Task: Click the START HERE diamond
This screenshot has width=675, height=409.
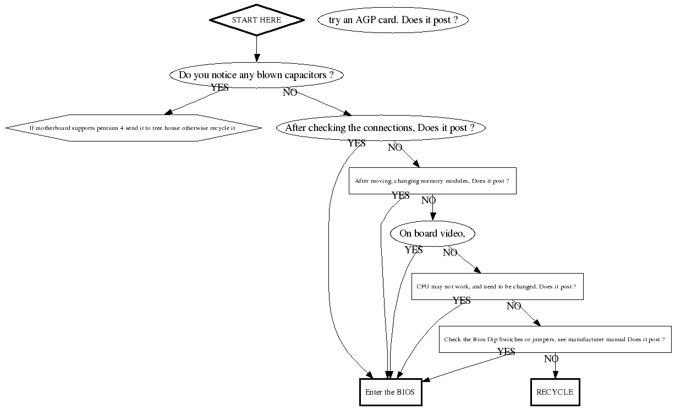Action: pyautogui.click(x=256, y=20)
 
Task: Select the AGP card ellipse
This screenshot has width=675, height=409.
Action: pyautogui.click(x=392, y=20)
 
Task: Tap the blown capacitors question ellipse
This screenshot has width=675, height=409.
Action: pyautogui.click(x=256, y=75)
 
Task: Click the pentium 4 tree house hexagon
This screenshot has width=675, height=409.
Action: pyautogui.click(x=134, y=128)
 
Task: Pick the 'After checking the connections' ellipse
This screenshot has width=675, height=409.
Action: pyautogui.click(x=381, y=128)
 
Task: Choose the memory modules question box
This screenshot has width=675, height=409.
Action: pyautogui.click(x=432, y=181)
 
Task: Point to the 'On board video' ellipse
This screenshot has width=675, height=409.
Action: pyautogui.click(x=432, y=234)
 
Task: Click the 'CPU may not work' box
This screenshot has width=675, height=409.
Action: pyautogui.click(x=497, y=287)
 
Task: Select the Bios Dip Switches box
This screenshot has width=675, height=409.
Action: pyautogui.click(x=555, y=340)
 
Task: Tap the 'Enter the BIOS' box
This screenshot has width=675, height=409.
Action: pyautogui.click(x=390, y=392)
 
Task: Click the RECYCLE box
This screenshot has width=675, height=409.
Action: pyautogui.click(x=555, y=392)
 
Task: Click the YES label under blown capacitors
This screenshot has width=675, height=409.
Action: pyautogui.click(x=219, y=88)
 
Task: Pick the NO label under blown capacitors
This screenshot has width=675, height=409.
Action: pyautogui.click(x=290, y=92)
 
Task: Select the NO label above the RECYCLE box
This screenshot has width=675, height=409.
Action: pyautogui.click(x=551, y=359)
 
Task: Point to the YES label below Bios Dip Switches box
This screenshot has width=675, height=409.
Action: pyautogui.click(x=506, y=352)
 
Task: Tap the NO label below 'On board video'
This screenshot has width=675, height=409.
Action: pyautogui.click(x=450, y=253)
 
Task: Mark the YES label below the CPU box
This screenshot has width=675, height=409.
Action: pyautogui.click(x=462, y=301)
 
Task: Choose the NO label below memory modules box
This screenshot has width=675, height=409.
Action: pyautogui.click(x=429, y=200)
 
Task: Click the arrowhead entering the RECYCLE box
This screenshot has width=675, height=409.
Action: pyautogui.click(x=555, y=375)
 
